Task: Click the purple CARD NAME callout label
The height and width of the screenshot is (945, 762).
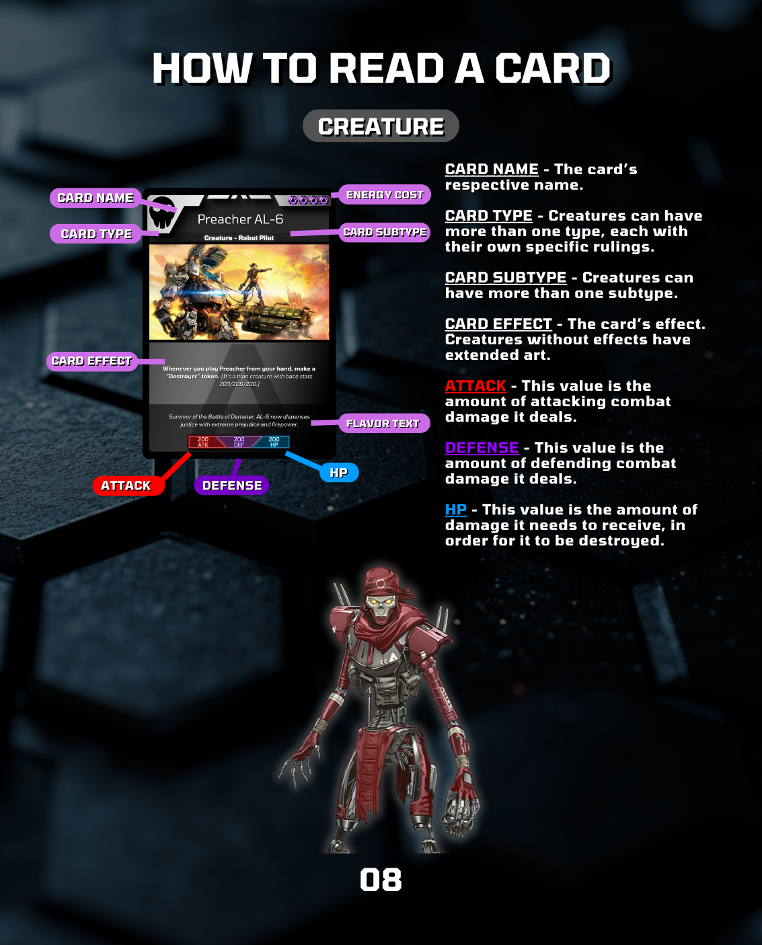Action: click(95, 198)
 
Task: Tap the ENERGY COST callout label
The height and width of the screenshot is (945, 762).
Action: click(384, 195)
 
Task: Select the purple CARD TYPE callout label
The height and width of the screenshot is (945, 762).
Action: click(96, 234)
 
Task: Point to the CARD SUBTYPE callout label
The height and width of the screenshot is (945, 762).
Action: click(385, 232)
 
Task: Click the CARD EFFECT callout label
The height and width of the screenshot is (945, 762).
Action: click(91, 361)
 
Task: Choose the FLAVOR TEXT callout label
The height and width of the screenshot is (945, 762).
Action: click(383, 423)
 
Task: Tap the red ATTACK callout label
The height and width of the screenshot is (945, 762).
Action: click(126, 486)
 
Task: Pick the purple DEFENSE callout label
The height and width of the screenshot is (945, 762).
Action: click(232, 486)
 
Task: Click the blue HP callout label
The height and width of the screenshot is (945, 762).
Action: click(338, 473)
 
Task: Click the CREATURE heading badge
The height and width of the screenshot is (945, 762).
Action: click(381, 126)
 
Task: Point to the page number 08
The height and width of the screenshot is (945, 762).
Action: click(381, 880)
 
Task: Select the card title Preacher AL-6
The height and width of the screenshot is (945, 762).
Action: click(240, 219)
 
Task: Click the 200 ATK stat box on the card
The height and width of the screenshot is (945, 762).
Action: click(203, 442)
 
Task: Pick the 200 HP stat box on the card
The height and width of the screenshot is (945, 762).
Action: click(274, 442)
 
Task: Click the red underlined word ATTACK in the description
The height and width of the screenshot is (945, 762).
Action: click(475, 386)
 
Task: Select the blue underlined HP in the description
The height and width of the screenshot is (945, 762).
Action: click(456, 510)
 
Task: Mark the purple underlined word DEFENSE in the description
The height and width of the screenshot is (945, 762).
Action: click(482, 448)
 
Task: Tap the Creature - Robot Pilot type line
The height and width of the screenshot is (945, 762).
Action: click(239, 238)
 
